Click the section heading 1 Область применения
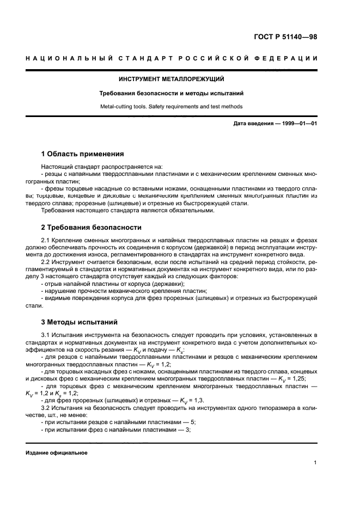click(x=83, y=154)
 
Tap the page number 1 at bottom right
click(x=315, y=463)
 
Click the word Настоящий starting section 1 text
click(x=57, y=167)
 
